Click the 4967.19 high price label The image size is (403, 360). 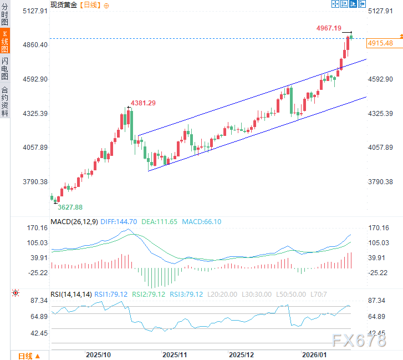[x=329, y=28]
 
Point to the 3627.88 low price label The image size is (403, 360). [x=70, y=207]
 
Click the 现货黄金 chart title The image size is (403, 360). [x=64, y=4]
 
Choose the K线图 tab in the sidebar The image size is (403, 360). [x=5, y=42]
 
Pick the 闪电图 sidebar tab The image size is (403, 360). [x=5, y=68]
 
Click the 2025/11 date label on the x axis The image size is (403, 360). [x=175, y=354]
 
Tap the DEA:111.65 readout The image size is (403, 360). [x=160, y=222]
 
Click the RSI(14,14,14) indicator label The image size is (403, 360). [x=71, y=295]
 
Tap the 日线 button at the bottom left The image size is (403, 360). [x=25, y=356]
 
